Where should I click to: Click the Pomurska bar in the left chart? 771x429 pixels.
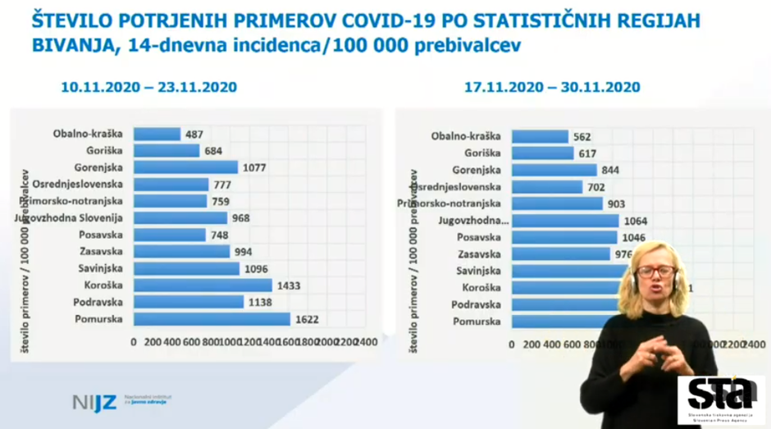(212, 319)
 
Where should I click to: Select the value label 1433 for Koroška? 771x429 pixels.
(289, 285)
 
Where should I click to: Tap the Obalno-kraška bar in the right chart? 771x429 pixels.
(539, 136)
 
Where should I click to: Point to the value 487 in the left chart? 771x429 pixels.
(194, 134)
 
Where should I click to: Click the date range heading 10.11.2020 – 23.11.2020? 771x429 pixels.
(148, 87)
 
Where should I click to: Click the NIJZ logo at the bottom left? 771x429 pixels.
(95, 402)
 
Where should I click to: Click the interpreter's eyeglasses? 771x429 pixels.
(655, 272)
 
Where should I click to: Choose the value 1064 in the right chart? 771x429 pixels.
(635, 221)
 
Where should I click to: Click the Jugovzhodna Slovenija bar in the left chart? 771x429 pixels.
(180, 218)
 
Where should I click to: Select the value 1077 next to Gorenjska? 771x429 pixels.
(254, 167)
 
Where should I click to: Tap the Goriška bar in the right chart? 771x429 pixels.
(542, 153)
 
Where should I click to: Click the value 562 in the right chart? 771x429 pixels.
(582, 137)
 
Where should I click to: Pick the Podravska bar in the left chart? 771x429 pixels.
(188, 302)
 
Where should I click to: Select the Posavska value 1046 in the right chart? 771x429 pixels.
(633, 238)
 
